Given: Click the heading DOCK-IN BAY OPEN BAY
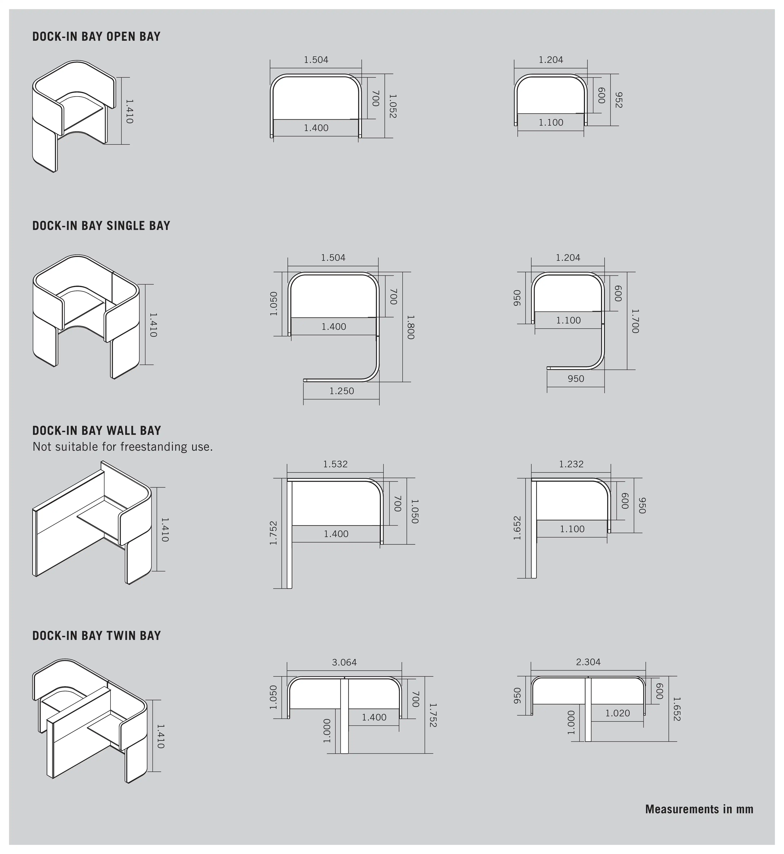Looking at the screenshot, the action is pos(96,37).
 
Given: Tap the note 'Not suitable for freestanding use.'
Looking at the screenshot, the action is pos(123,447).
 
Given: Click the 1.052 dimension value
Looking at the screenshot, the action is pos(392,106).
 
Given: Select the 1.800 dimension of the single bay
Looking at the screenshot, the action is pos(410,327).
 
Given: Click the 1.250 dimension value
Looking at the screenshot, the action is pos(341,391).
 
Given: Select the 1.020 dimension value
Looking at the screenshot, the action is pos(618,713).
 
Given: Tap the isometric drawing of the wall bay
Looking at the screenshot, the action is pos(92,522).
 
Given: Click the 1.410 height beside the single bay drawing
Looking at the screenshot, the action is pos(153,325).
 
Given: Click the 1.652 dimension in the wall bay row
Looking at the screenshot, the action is pos(517,528).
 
